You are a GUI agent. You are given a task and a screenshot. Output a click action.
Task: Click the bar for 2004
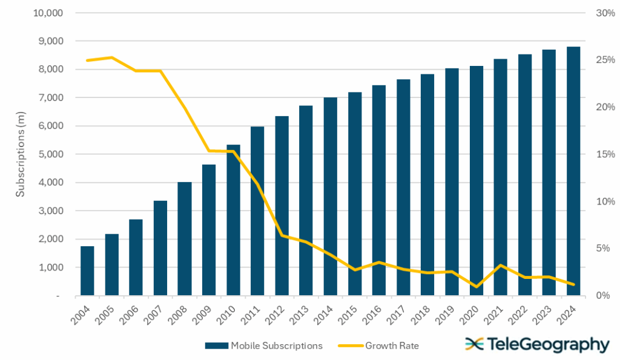(87, 271)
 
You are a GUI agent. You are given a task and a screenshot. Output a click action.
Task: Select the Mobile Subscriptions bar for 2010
(233, 220)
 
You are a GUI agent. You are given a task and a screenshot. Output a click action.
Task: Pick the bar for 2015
(355, 194)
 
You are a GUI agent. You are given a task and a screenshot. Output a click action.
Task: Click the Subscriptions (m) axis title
(20, 154)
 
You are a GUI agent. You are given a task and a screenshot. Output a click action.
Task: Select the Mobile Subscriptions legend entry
(263, 346)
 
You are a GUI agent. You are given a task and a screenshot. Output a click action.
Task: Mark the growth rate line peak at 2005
(111, 57)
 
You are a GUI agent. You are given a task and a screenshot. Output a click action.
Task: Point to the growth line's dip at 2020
(477, 287)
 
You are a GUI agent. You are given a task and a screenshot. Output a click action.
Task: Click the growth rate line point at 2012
(282, 235)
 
